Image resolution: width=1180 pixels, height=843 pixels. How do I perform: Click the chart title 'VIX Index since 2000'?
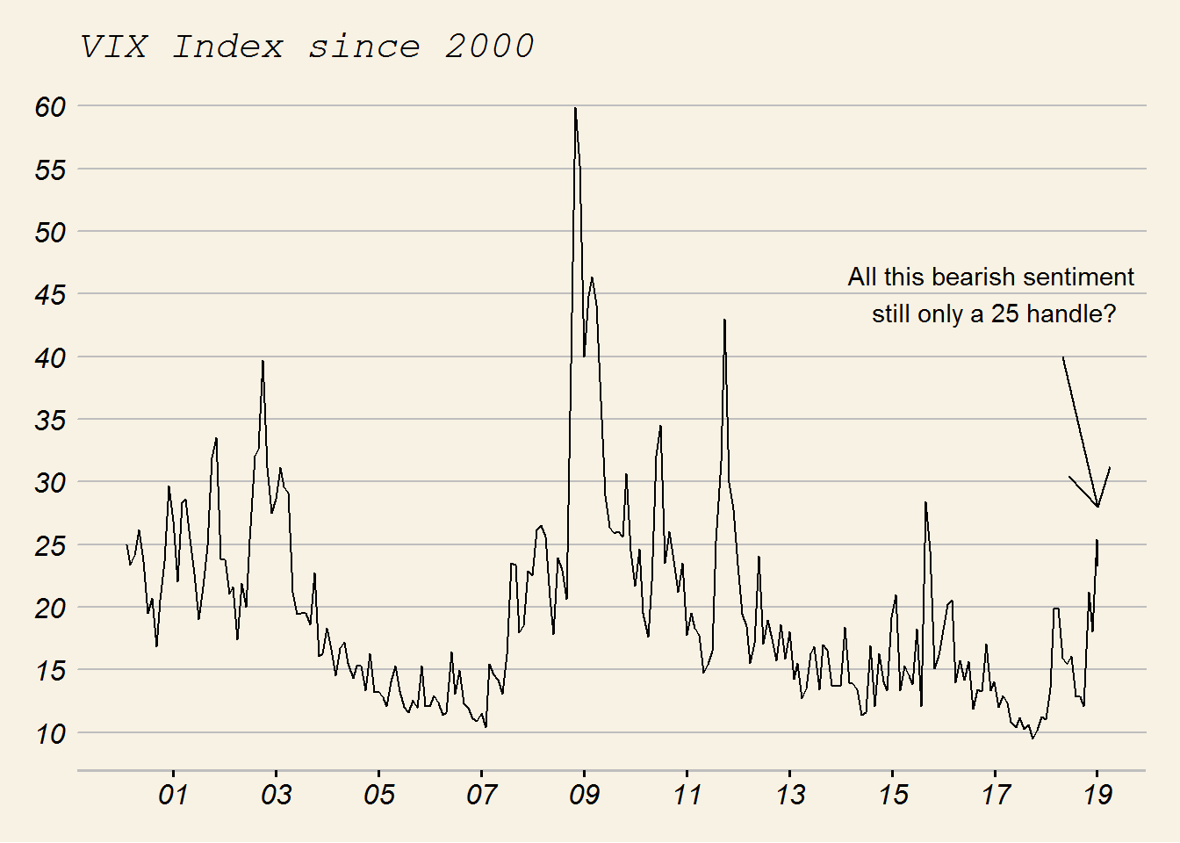click(x=307, y=47)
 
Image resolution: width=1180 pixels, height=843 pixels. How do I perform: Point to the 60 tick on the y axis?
click(x=51, y=106)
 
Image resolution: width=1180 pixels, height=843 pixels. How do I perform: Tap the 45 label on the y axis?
click(x=51, y=294)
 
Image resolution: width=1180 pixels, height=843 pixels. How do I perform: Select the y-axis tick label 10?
click(x=51, y=733)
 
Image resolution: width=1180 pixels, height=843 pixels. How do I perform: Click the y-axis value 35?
click(x=51, y=420)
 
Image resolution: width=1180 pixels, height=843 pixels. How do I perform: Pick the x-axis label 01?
click(x=173, y=795)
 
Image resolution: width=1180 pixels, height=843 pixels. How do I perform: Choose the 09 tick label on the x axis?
click(x=584, y=795)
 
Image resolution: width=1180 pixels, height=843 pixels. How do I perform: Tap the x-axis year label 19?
click(x=1097, y=795)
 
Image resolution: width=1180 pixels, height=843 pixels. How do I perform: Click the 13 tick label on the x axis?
click(x=790, y=795)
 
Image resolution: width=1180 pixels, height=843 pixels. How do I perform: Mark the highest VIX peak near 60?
click(x=575, y=108)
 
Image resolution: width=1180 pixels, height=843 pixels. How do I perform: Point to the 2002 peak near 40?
click(x=263, y=361)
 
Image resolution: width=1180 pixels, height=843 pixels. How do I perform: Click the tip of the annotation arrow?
click(x=1097, y=507)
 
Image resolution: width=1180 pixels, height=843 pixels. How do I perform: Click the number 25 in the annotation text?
click(x=1005, y=314)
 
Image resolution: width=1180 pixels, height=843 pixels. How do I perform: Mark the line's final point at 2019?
click(x=1097, y=542)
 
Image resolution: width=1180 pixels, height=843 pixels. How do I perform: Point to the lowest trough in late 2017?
click(x=1032, y=739)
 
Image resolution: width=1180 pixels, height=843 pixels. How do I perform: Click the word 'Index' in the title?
click(x=228, y=47)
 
